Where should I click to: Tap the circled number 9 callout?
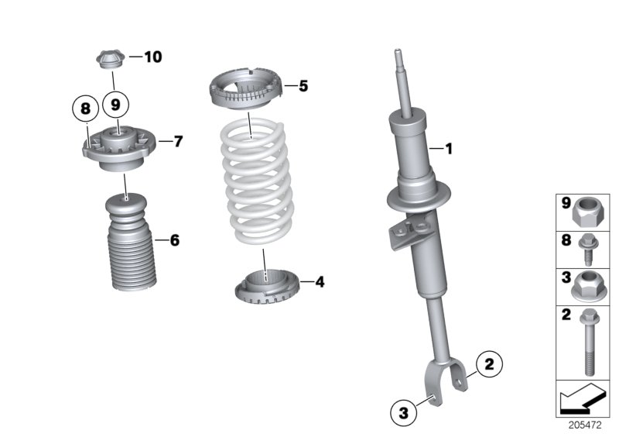point(115,102)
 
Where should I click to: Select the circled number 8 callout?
point(87,108)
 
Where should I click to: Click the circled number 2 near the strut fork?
point(488,362)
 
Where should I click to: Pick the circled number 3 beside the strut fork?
point(403,411)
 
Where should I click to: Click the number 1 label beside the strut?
point(447,147)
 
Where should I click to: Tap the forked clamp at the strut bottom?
point(445,380)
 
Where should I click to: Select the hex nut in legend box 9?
point(590,208)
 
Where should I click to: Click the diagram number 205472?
point(586,425)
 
